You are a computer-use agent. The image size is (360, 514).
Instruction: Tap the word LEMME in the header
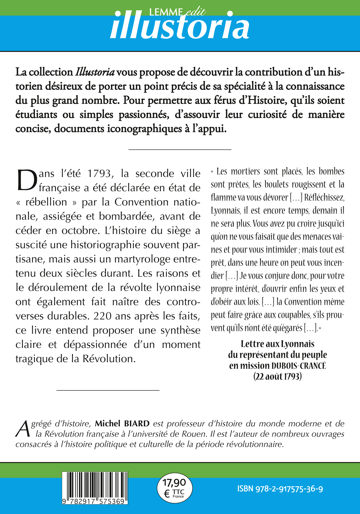pyautogui.click(x=166, y=12)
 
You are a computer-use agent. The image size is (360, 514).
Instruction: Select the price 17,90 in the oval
pyautogui.click(x=174, y=482)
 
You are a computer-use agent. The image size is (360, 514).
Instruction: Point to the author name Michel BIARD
pyautogui.click(x=122, y=424)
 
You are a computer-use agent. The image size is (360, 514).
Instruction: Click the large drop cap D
pyautogui.click(x=27, y=180)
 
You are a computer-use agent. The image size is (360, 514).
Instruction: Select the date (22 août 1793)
pyautogui.click(x=278, y=377)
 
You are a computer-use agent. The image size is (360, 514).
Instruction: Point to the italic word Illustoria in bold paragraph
pyautogui.click(x=95, y=72)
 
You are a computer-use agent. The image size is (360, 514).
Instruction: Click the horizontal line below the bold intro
pyautogui.click(x=180, y=149)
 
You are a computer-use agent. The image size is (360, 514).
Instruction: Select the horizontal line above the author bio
pyautogui.click(x=108, y=390)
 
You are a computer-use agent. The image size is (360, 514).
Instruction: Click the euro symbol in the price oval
pyautogui.click(x=167, y=493)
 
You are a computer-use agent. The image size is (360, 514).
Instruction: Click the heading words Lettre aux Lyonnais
pyautogui.click(x=278, y=344)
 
